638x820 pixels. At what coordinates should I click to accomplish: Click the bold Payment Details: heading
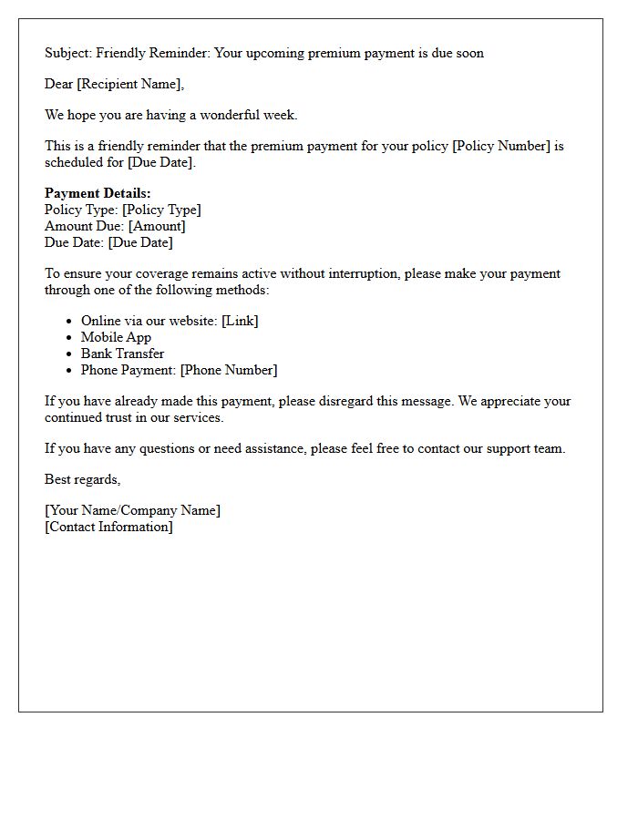click(x=98, y=193)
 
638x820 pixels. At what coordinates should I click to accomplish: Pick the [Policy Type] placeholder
click(x=161, y=210)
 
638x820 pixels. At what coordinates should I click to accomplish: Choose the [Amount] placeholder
click(x=157, y=226)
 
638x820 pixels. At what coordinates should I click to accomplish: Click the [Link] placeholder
click(x=240, y=321)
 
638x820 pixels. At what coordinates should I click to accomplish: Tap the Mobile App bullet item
click(x=116, y=337)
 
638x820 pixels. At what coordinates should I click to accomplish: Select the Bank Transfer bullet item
click(x=122, y=354)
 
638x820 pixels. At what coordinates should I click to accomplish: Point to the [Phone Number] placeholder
click(x=229, y=370)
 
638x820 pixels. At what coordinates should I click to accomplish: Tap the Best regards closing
click(x=82, y=479)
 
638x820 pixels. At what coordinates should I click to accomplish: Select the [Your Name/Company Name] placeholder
click(x=132, y=510)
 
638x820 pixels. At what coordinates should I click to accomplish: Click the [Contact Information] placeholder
click(x=108, y=527)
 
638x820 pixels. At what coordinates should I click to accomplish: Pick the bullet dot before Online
click(x=69, y=321)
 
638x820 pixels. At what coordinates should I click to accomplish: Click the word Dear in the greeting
click(x=58, y=84)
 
